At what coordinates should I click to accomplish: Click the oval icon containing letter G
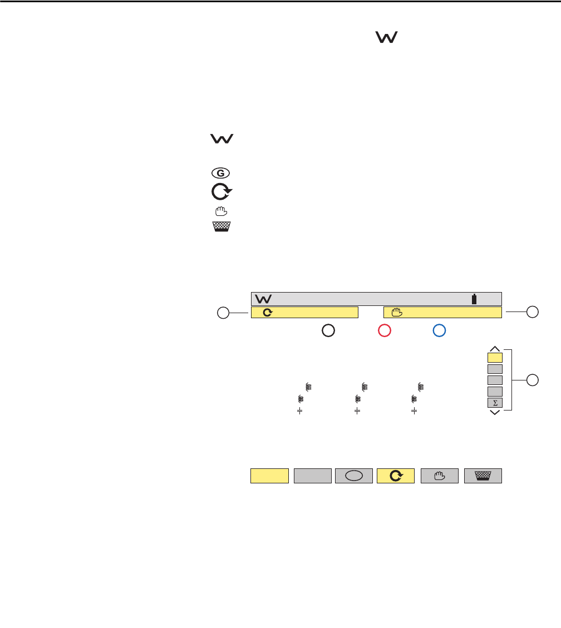220,173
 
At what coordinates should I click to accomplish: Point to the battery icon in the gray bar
474,299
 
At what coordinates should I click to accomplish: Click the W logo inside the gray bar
263,299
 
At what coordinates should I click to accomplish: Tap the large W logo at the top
387,37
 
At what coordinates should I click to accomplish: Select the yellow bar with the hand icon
442,313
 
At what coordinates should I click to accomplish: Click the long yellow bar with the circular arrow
304,313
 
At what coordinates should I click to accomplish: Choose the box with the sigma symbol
495,403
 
